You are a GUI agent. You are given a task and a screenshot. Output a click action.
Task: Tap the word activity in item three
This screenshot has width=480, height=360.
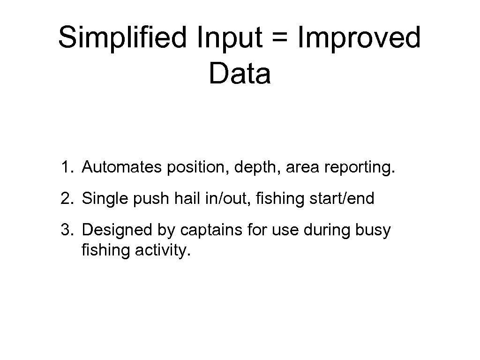(x=163, y=251)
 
